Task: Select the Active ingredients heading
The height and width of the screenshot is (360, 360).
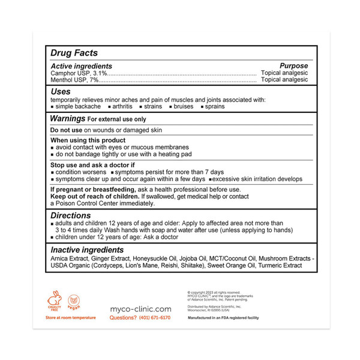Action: tap(81, 66)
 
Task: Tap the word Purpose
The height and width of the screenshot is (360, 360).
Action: tap(294, 66)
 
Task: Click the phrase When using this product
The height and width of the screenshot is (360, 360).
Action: tap(88, 140)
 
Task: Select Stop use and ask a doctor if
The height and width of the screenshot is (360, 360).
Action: tap(93, 164)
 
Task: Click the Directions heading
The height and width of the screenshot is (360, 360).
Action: tap(70, 215)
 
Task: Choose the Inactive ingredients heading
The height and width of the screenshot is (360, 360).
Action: tap(87, 250)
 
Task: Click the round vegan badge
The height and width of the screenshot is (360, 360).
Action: tap(74, 298)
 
